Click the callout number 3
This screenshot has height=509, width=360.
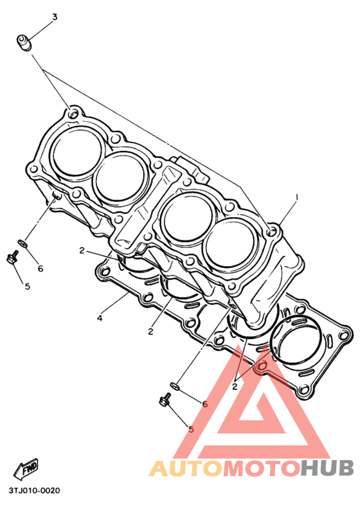[55, 17]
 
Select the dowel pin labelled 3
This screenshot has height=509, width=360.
[24, 43]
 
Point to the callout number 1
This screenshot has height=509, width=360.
[296, 197]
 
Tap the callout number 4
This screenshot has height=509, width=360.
[100, 318]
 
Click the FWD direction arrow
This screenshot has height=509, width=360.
[26, 469]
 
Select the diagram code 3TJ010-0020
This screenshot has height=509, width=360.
[35, 490]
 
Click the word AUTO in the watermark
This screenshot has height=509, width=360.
[186, 468]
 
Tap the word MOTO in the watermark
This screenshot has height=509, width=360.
[261, 468]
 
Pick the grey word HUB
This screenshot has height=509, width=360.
[327, 468]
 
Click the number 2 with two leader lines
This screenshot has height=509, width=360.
[235, 386]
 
